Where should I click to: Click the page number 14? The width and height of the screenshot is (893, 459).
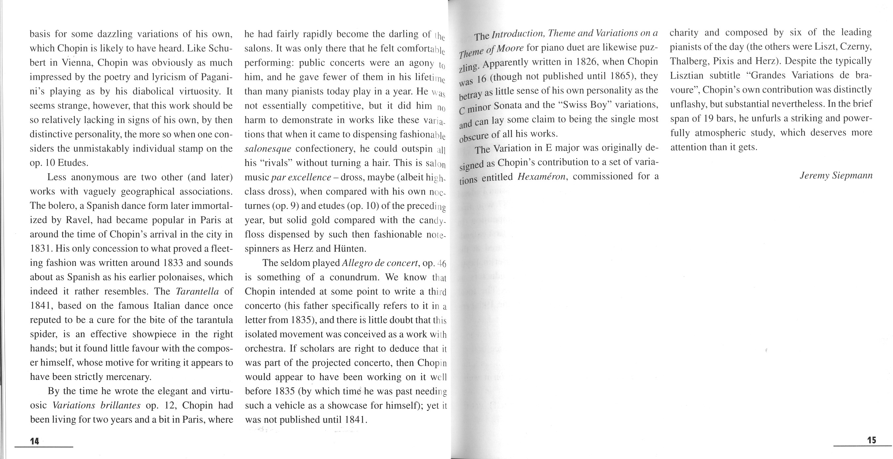pos(34,441)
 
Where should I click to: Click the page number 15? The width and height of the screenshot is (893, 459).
pos(872,440)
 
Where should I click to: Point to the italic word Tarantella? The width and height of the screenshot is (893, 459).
pos(197,291)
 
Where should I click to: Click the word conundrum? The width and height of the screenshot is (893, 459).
pos(354,277)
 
